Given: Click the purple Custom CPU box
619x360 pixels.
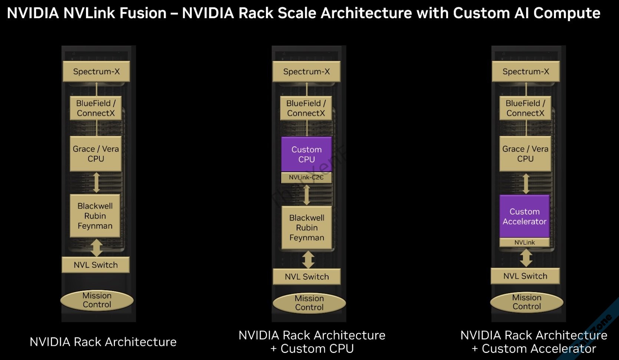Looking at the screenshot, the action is [306, 154].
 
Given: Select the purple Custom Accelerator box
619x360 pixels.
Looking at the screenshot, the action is [524, 216].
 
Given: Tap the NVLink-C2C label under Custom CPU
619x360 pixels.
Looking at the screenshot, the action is [306, 177].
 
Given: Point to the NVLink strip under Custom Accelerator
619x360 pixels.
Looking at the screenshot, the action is [524, 242].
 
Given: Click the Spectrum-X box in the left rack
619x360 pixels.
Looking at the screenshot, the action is [96, 71].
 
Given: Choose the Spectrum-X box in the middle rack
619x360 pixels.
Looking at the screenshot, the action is [306, 71].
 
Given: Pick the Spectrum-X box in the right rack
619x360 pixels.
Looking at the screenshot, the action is [526, 71].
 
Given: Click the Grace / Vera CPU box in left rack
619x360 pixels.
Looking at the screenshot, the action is [96, 153].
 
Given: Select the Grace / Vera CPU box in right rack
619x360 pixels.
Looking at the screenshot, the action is [525, 153].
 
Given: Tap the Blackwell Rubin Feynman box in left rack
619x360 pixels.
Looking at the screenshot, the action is [95, 216].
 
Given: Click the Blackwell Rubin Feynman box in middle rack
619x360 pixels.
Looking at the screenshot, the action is [307, 228].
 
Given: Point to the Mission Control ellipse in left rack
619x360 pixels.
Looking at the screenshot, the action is [97, 300].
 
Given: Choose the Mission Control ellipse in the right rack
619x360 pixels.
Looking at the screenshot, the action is [527, 302].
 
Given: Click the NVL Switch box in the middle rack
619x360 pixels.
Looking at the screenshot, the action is [307, 276].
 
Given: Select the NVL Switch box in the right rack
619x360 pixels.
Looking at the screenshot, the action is [525, 276].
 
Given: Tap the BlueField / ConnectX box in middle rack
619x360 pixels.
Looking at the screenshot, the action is [306, 108].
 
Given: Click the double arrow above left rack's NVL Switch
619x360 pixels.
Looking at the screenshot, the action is [96, 248].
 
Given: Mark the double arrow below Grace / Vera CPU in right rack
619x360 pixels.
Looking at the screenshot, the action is [526, 184].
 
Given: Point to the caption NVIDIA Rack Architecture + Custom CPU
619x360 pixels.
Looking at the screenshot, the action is [312, 342].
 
